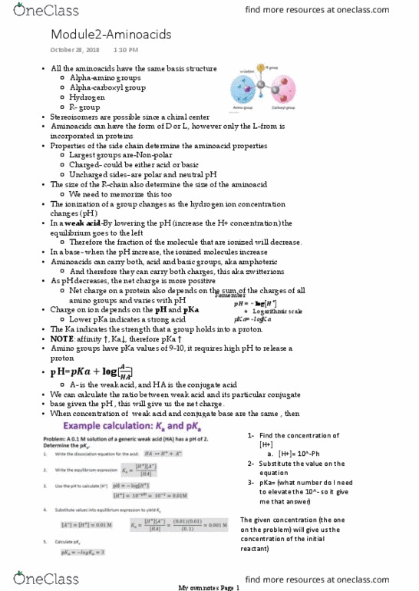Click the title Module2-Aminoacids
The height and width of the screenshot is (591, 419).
point(111,35)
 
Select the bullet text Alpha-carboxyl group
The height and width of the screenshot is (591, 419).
point(107,87)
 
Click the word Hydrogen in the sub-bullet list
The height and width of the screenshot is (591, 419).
point(89,97)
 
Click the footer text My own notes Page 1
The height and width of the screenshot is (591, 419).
point(209,586)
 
